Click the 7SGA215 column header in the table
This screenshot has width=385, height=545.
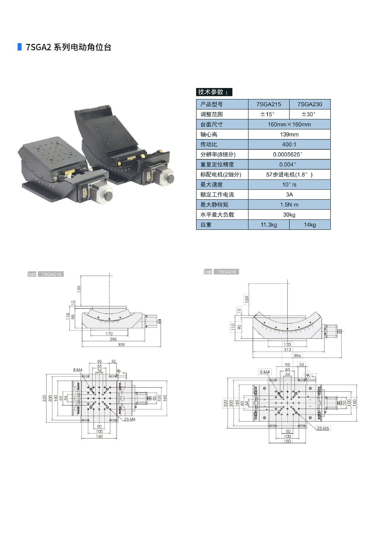tap(269, 104)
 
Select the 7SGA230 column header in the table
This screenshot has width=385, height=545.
tap(310, 104)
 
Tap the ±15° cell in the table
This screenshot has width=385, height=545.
tap(267, 114)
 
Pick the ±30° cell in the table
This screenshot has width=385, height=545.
tap(308, 114)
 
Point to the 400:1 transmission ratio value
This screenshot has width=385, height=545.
tap(289, 144)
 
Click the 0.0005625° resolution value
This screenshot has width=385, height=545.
tap(288, 154)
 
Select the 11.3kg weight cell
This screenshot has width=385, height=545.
tap(269, 225)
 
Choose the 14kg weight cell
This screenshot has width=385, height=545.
tap(310, 225)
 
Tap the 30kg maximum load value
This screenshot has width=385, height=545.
tap(289, 215)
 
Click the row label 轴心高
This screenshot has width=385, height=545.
tap(209, 135)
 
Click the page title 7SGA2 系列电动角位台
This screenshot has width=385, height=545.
tap(68, 47)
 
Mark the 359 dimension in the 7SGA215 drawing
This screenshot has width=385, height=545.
tap(121, 345)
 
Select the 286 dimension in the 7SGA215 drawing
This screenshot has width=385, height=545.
tap(113, 339)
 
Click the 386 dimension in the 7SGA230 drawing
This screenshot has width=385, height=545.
tap(297, 356)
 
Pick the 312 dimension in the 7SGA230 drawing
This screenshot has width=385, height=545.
tap(287, 350)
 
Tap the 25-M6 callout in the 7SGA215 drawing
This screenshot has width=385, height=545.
tap(130, 419)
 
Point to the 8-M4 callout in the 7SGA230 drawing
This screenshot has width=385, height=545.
tap(265, 372)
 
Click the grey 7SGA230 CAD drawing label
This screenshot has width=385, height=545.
tap(226, 272)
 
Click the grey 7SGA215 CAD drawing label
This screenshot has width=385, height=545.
tap(51, 274)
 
